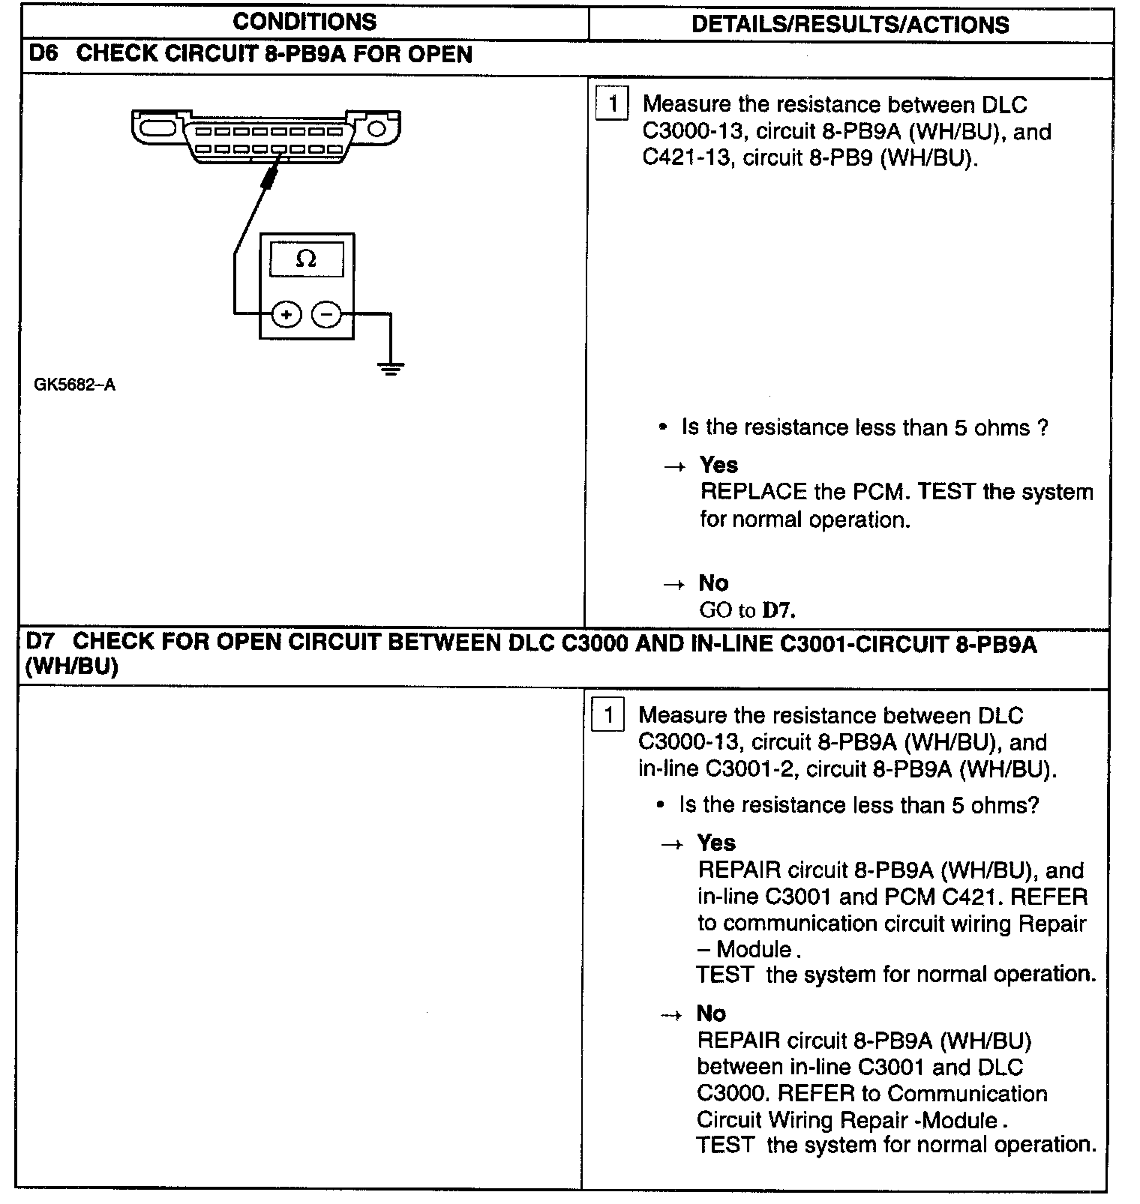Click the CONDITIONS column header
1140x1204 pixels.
304,22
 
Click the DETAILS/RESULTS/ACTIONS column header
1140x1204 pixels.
850,24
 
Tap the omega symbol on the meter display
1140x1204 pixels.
306,259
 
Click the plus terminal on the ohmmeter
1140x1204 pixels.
286,315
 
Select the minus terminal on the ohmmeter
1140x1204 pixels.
326,315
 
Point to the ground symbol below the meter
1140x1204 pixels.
390,368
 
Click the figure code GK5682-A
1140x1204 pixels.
75,385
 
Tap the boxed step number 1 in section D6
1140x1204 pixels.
612,104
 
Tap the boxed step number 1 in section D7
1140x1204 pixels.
608,716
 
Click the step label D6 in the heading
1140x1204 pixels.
42,54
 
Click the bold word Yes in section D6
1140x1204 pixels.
718,466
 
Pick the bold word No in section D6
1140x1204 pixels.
713,583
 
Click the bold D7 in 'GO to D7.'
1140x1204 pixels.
777,610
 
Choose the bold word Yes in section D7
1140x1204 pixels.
716,843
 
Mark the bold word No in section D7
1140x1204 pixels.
711,1014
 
